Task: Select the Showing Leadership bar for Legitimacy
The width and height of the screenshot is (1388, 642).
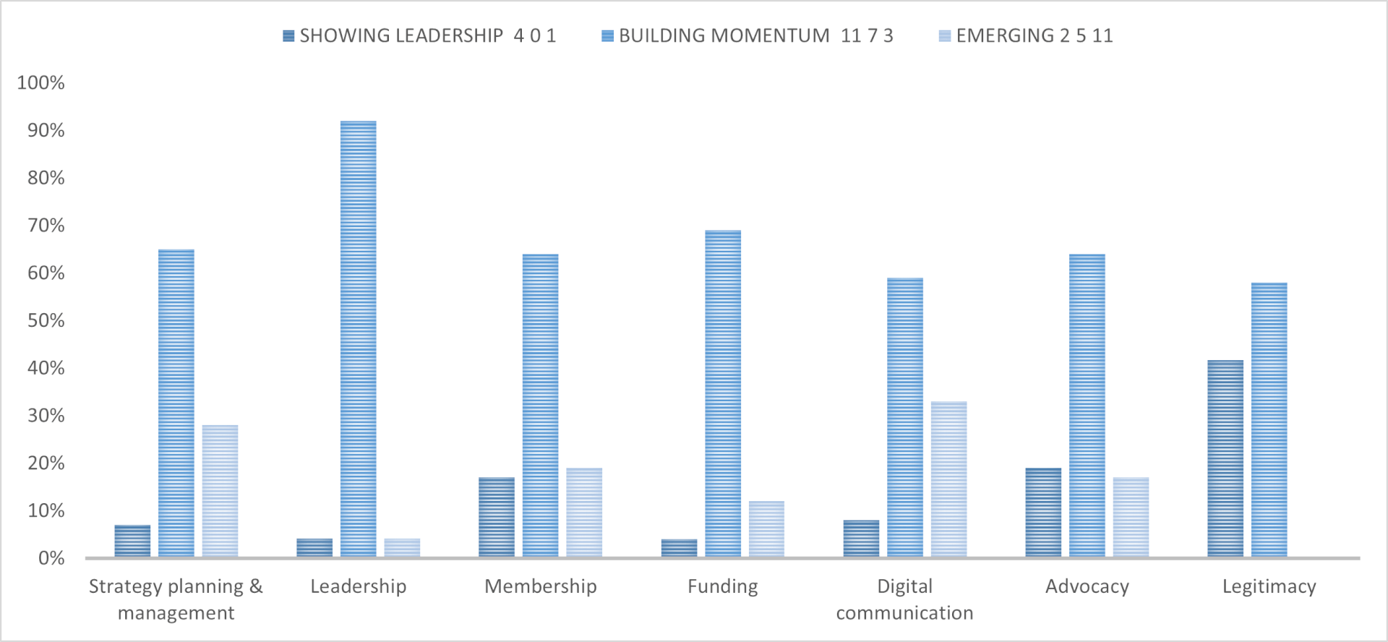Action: point(1225,458)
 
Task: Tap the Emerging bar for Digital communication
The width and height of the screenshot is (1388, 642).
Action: point(948,479)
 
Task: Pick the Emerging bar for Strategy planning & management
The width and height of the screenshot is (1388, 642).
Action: point(220,491)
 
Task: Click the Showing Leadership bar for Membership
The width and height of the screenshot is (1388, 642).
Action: point(497,517)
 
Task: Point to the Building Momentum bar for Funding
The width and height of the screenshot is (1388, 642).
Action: point(723,393)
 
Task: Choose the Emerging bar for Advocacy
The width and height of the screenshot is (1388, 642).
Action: point(1131,517)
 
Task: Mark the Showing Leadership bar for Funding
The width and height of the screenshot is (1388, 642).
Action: point(679,548)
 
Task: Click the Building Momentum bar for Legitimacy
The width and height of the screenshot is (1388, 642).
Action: point(1269,419)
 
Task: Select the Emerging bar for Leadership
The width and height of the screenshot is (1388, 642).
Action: point(402,547)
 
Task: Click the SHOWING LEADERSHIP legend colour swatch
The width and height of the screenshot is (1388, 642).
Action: point(288,36)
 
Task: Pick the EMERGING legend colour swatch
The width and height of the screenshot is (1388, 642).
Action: point(945,36)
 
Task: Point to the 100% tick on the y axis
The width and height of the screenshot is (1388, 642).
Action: point(40,83)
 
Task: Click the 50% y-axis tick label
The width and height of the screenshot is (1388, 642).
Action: point(46,321)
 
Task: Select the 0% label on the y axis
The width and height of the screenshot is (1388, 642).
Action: point(51,558)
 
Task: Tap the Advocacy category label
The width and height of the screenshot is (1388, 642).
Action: point(1087,586)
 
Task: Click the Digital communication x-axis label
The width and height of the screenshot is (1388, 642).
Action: point(904,599)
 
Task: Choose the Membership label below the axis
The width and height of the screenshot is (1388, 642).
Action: point(540,586)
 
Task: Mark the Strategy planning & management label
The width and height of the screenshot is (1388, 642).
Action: point(176,599)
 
